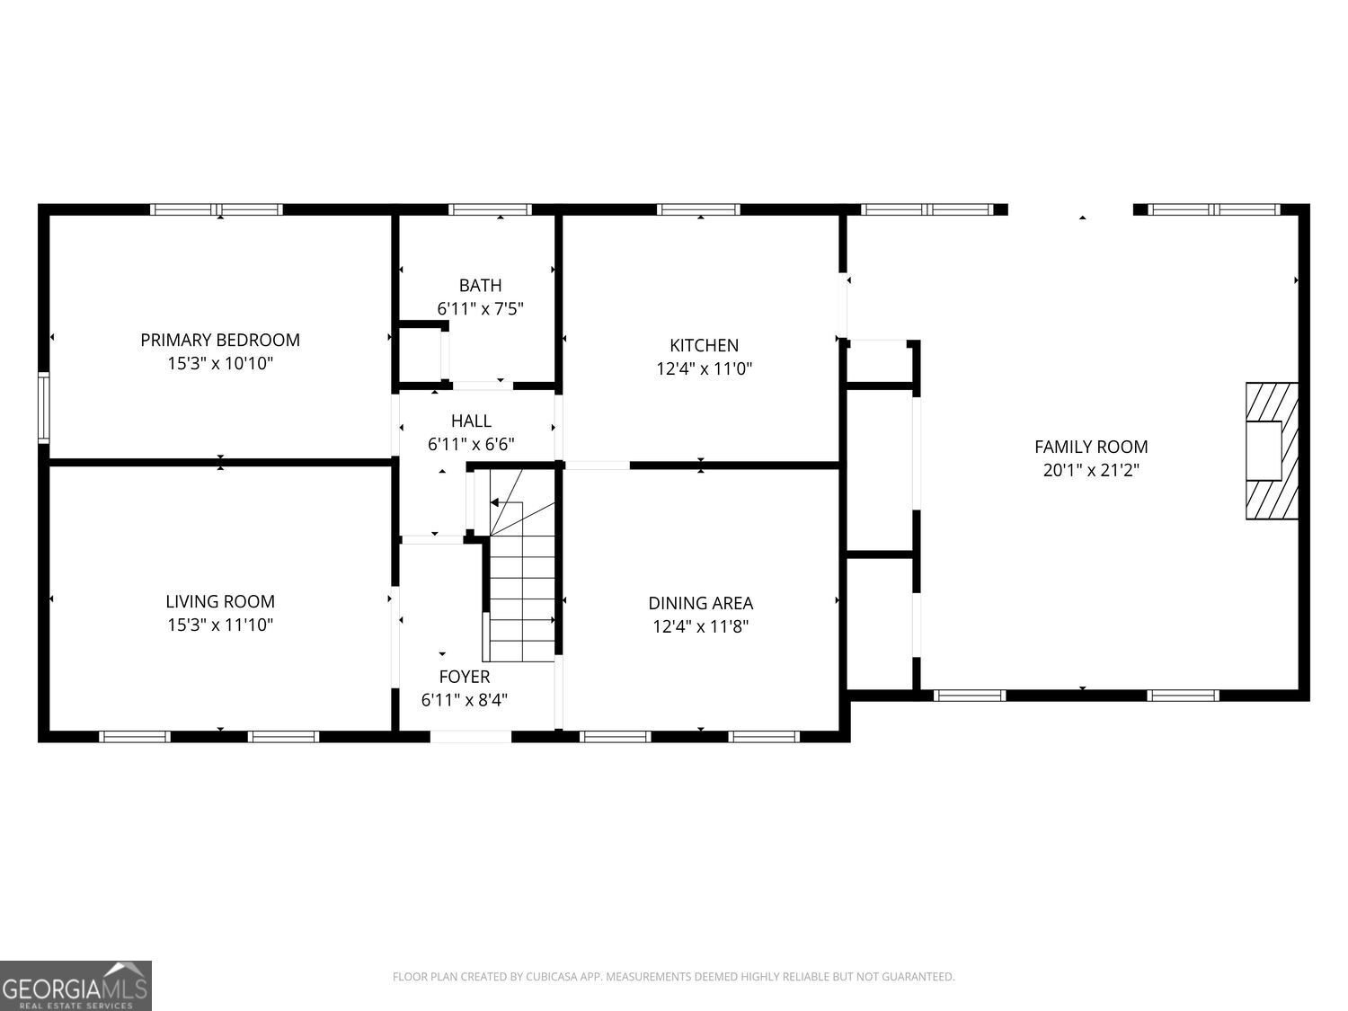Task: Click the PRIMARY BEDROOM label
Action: click(x=220, y=340)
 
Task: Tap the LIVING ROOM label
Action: click(x=220, y=601)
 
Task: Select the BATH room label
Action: click(x=480, y=285)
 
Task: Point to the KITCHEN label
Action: click(x=704, y=345)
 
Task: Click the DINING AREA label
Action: click(x=701, y=603)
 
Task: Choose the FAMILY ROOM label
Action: click(x=1091, y=447)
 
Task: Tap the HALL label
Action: click(x=471, y=421)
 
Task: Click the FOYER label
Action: click(x=465, y=677)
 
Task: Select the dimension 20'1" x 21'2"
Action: click(x=1091, y=470)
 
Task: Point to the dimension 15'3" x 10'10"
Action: click(x=220, y=364)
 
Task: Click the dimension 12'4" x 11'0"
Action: click(x=704, y=368)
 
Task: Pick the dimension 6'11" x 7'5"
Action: click(x=480, y=309)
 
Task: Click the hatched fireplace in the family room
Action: click(x=1272, y=450)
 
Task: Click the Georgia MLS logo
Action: click(x=75, y=986)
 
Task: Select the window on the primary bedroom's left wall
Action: click(x=43, y=408)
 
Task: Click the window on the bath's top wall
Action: click(x=491, y=209)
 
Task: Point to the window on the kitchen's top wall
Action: click(x=698, y=209)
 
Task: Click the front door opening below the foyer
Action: click(x=470, y=737)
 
